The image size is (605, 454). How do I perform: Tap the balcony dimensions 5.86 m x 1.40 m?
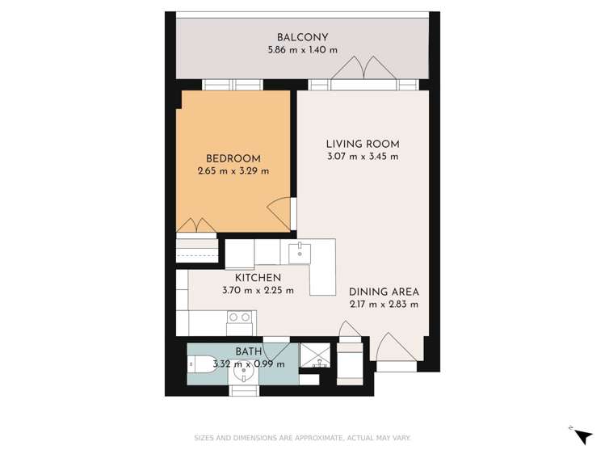(302, 50)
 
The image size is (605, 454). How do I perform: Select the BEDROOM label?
(233, 158)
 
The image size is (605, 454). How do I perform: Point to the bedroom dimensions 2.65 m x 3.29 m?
(233, 171)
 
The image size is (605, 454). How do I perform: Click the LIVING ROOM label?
(362, 145)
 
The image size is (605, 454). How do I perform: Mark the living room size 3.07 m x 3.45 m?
(362, 157)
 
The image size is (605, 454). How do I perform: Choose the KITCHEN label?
(258, 278)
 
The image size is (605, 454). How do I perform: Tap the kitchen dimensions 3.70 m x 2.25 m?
(258, 291)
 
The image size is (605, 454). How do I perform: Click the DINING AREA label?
(384, 292)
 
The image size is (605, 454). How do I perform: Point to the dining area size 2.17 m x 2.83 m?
(384, 305)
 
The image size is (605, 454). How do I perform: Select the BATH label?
(249, 351)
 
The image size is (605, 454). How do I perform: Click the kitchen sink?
(299, 251)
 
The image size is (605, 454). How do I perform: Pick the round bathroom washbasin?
(241, 374)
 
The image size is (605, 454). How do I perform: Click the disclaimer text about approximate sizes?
(302, 438)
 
